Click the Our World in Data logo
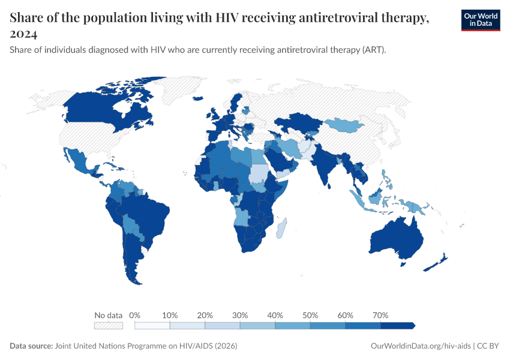point(480,20)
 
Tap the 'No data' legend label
point(108,315)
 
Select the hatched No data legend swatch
point(108,325)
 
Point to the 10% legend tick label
point(170,315)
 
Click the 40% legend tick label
point(275,315)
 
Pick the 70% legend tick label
point(380,315)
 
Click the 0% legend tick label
point(135,315)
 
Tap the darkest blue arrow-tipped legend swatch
point(397,325)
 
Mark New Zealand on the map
point(437,263)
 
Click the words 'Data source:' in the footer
point(31,346)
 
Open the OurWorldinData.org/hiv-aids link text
point(421,346)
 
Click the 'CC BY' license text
point(488,346)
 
